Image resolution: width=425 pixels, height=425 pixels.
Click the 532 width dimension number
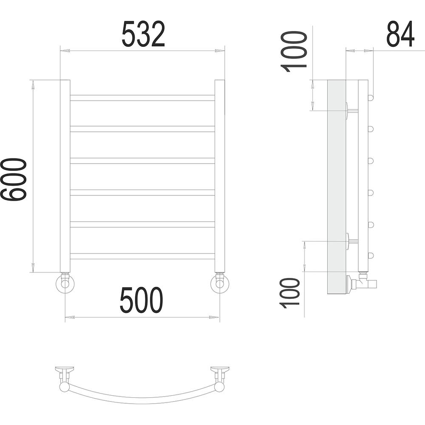tap(143, 34)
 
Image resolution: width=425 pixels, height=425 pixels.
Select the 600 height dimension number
tap(14, 180)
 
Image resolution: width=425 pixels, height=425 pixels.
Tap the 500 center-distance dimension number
tap(141, 300)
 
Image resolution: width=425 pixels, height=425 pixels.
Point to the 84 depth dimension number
tap(400, 34)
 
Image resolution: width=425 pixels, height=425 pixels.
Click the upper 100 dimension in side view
tap(294, 52)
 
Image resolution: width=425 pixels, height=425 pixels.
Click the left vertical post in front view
tap(65, 176)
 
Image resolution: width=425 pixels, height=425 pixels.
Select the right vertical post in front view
tap(220, 176)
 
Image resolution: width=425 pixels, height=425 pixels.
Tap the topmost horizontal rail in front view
tap(142, 98)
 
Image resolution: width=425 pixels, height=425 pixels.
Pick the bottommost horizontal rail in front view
tap(142, 256)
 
